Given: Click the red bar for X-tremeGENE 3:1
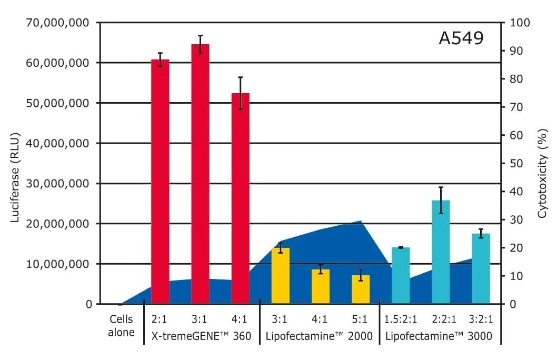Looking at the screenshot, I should click(200, 174).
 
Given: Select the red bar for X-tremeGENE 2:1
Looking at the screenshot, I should click(160, 182).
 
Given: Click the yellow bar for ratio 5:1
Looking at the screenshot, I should click(361, 289).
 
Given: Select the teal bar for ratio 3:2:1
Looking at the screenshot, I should click(481, 268).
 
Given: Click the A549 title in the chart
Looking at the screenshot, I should click(461, 38).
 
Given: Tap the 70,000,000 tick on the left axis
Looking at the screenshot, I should click(57, 23).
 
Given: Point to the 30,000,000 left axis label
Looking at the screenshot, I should click(57, 184).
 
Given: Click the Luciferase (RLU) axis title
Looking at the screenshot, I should click(16, 163).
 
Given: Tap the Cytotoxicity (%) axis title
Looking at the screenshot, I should click(542, 163).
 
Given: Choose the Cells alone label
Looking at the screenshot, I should click(122, 326).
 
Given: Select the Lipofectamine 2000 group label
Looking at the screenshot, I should click(319, 335).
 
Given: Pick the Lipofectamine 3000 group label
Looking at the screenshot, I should click(439, 335).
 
